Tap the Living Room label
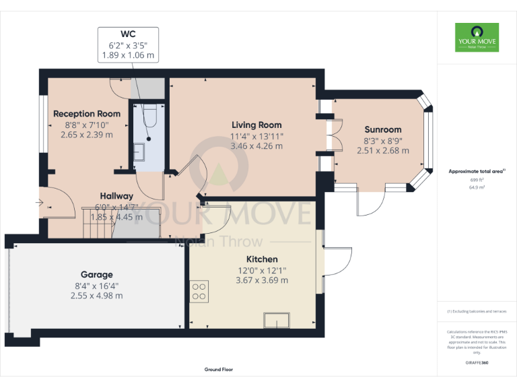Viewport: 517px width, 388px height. (x=256, y=125)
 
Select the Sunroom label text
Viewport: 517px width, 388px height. (x=382, y=129)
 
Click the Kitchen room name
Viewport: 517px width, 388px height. (x=262, y=259)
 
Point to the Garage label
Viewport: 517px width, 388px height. (x=97, y=274)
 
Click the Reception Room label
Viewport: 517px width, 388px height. (x=87, y=114)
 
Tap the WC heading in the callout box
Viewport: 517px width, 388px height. (x=128, y=33)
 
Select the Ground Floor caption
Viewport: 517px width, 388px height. (x=219, y=370)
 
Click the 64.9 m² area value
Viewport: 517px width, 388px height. (x=477, y=188)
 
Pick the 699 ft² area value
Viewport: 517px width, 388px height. (x=477, y=181)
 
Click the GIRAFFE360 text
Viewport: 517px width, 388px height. (x=477, y=362)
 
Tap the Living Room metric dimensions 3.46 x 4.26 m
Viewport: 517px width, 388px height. (x=256, y=145)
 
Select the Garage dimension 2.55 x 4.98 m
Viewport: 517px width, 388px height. (x=97, y=294)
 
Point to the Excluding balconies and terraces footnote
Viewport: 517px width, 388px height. (x=477, y=311)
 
